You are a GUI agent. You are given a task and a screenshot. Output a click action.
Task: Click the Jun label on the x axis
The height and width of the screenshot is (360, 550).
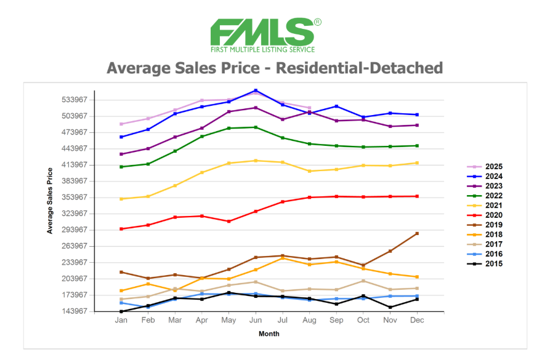point(256,321)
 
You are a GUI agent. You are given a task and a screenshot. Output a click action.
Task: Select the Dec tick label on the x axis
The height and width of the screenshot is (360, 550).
point(417,321)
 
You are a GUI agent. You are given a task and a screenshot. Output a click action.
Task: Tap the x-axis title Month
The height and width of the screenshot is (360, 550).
point(269,334)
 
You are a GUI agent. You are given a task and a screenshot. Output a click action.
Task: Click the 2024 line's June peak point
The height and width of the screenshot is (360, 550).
point(256,90)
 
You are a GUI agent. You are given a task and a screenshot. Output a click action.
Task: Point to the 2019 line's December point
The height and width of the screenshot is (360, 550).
point(417,233)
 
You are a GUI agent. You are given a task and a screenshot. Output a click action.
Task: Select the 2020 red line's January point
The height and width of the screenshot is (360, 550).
point(121,229)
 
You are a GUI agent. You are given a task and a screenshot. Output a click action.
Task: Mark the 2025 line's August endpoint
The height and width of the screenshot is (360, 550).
point(309,108)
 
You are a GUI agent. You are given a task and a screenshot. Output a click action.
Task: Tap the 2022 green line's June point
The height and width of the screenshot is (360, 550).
point(256,127)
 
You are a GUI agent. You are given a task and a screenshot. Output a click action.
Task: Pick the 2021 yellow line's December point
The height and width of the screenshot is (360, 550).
point(417,162)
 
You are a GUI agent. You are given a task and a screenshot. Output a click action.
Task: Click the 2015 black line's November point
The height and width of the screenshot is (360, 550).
point(390,307)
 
